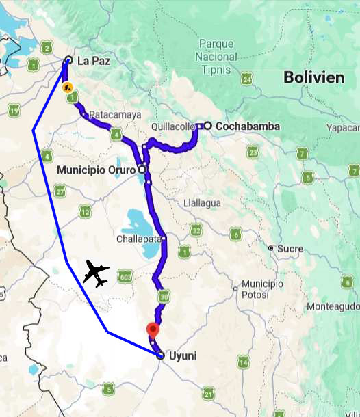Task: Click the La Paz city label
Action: (93, 61)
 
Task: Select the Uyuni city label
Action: (183, 355)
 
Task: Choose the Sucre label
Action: (290, 248)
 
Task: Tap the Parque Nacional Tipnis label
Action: (217, 57)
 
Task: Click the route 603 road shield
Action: (125, 276)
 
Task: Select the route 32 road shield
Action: (196, 230)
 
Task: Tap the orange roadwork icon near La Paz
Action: (66, 88)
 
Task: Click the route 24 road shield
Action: (247, 80)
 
